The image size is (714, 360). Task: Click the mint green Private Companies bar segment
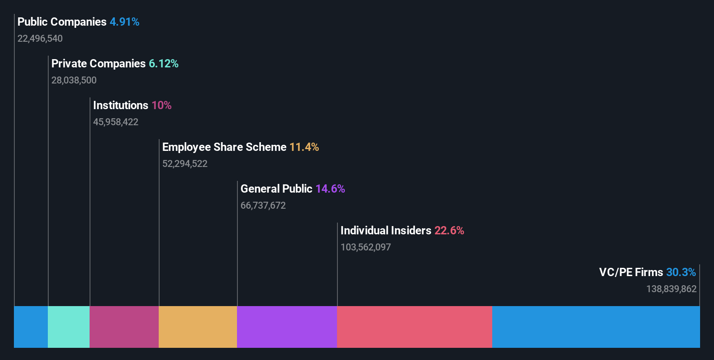point(69,327)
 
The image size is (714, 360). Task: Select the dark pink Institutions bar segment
point(124,327)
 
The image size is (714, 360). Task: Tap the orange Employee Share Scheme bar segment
point(198,327)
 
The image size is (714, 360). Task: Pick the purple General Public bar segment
point(287,327)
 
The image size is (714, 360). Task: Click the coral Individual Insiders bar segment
point(414,327)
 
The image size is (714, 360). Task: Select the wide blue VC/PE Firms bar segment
point(596,327)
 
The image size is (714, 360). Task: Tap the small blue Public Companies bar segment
point(31,327)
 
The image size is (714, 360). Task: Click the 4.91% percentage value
point(124,22)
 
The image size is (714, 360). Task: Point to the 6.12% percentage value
point(163,63)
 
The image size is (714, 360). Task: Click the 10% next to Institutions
point(161,105)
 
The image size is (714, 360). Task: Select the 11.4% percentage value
point(304,147)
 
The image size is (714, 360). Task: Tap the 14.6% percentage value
point(330,189)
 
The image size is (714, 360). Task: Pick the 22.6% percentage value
point(449,230)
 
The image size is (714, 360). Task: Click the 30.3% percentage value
point(681,272)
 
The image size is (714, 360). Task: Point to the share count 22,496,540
point(40,39)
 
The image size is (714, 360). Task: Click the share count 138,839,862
point(671,289)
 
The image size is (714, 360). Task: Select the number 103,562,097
point(366,247)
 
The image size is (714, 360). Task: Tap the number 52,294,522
point(185,164)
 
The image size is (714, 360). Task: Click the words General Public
point(276,189)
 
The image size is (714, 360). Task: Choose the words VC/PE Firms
point(631,272)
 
